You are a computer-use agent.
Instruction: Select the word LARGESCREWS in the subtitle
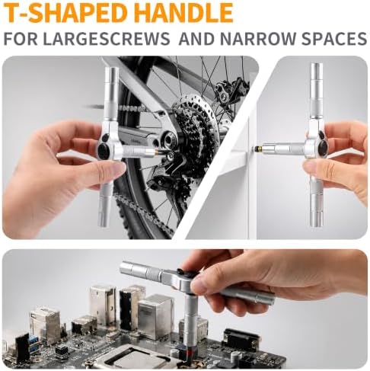tap(107, 39)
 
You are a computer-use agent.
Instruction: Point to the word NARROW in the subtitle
tap(258, 39)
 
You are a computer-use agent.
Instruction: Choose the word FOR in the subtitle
tap(21, 39)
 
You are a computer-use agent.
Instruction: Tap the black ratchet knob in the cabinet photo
tap(323, 147)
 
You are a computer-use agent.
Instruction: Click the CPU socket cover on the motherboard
tap(129, 357)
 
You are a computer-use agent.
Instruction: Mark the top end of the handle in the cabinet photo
tap(317, 64)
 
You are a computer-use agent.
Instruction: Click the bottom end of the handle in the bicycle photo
tap(104, 225)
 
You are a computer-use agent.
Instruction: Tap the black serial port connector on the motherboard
tap(241, 339)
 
